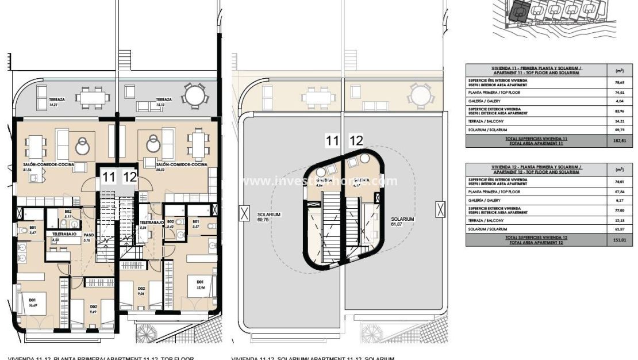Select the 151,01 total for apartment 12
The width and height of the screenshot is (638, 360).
pos(619,241)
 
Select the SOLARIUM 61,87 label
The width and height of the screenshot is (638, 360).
pos(402,221)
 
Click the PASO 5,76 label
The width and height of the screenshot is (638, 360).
pos(88,237)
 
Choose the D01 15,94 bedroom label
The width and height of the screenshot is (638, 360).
pos(200,284)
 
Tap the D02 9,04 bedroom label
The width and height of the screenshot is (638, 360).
pos(141,290)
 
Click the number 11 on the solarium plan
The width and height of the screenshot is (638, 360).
pos(332,140)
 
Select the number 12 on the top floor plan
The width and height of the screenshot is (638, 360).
pos(130,177)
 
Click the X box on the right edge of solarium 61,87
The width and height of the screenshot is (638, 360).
pos(440,209)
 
